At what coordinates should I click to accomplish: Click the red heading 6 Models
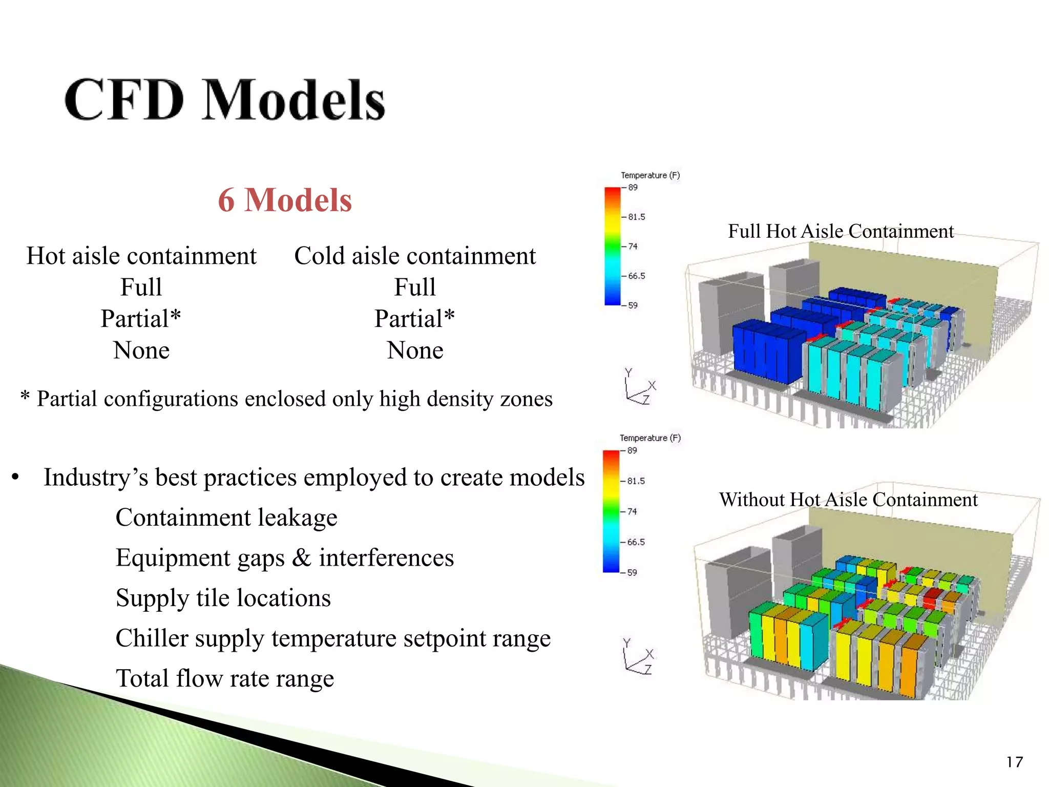coord(285,200)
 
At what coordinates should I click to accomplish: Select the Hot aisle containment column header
coord(141,256)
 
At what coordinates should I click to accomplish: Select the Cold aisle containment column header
coord(415,256)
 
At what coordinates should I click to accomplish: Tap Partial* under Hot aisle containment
coord(141,319)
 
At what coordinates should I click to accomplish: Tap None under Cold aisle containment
coord(415,350)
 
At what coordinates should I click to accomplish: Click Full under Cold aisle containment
coord(415,287)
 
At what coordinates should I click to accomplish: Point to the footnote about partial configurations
coord(287,399)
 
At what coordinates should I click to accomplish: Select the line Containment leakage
coord(226,517)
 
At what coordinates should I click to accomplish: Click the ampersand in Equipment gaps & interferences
coord(301,557)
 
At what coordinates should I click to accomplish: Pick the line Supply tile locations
coord(223,598)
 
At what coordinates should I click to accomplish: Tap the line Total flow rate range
coord(225,678)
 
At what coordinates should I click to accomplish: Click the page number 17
coord(1014,762)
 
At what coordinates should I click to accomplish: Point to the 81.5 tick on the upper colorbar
coord(636,217)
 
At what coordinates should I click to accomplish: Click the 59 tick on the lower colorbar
coord(632,573)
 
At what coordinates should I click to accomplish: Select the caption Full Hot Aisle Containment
coord(841,232)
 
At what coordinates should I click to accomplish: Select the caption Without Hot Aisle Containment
coord(848,500)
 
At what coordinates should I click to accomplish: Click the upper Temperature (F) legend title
coord(650,175)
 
